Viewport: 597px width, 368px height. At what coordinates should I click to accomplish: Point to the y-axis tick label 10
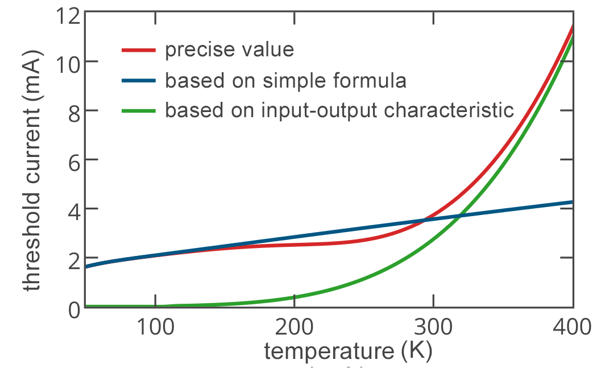click(68, 61)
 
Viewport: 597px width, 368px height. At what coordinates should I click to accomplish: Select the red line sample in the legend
click(139, 50)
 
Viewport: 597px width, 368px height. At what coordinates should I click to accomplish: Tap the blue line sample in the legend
click(139, 81)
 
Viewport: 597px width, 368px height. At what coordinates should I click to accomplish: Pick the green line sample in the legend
click(139, 110)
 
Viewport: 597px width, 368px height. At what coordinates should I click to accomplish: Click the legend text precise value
click(230, 50)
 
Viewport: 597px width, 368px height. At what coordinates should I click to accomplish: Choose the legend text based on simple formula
click(286, 81)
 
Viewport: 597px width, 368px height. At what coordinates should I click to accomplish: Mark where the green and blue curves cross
click(460, 216)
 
